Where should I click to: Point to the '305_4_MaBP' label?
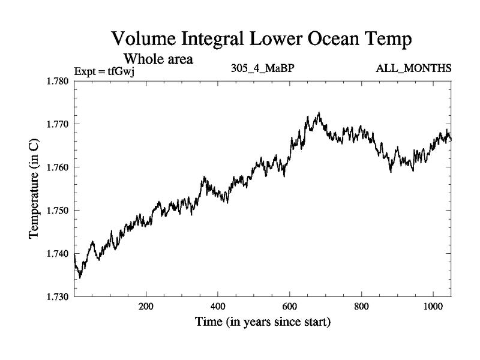coord(262,68)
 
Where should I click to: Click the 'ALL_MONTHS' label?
coord(413,68)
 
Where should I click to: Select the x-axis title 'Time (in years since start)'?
coord(262,323)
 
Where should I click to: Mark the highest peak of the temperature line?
coord(319,113)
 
